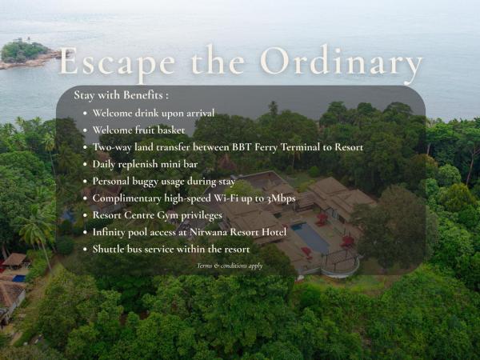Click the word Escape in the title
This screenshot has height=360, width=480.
(x=113, y=63)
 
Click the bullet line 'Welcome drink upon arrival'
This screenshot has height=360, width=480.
(x=153, y=113)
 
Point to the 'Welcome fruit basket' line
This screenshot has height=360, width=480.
(x=138, y=130)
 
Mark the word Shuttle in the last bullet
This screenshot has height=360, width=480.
(x=109, y=249)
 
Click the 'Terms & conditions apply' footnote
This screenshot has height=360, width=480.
(x=230, y=265)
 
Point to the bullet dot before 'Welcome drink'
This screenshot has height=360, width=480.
(x=86, y=114)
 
